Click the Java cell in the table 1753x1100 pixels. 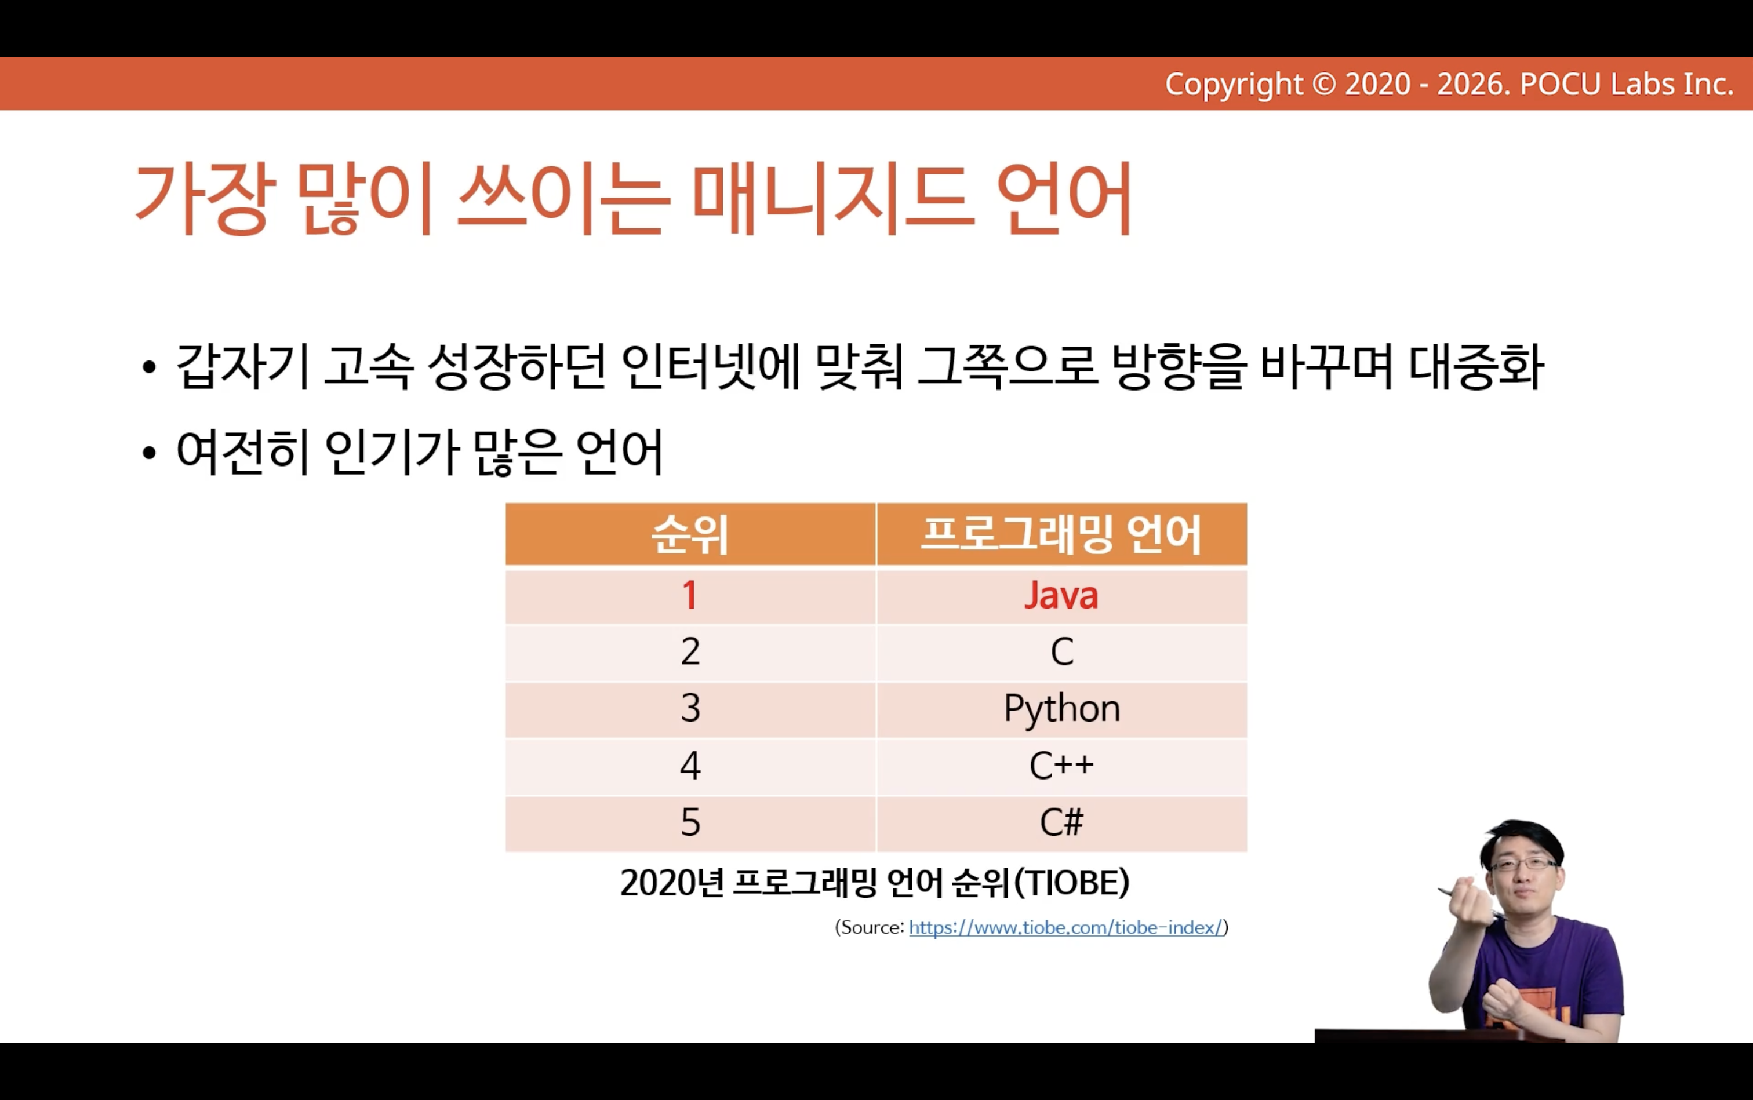1061,596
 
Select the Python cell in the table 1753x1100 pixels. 1061,709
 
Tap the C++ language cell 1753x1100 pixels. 1061,766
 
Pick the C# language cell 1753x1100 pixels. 1061,824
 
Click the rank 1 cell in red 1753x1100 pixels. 690,596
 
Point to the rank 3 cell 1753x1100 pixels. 690,709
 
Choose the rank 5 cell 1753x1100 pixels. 690,824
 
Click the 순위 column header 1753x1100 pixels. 690,534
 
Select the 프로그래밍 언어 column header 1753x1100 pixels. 1061,534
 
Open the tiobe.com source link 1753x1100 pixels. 1066,927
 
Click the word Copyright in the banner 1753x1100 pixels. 1234,85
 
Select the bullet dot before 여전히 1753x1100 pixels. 149,453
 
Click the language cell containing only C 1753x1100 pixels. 1061,653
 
